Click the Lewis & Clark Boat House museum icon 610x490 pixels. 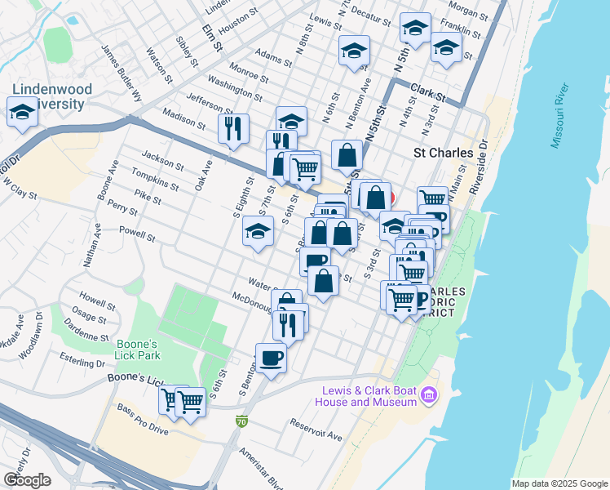(x=429, y=397)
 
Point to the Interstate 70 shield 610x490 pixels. (x=241, y=421)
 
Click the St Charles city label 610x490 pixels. (x=444, y=153)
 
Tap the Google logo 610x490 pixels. (x=27, y=480)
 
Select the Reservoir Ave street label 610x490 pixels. (x=316, y=430)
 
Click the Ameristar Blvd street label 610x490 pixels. (x=258, y=466)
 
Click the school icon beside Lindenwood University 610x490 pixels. (x=22, y=112)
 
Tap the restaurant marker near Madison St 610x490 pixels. (x=233, y=128)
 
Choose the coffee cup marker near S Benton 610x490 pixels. (x=271, y=357)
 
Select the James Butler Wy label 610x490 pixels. (x=121, y=71)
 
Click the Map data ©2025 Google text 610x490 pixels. (x=559, y=483)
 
